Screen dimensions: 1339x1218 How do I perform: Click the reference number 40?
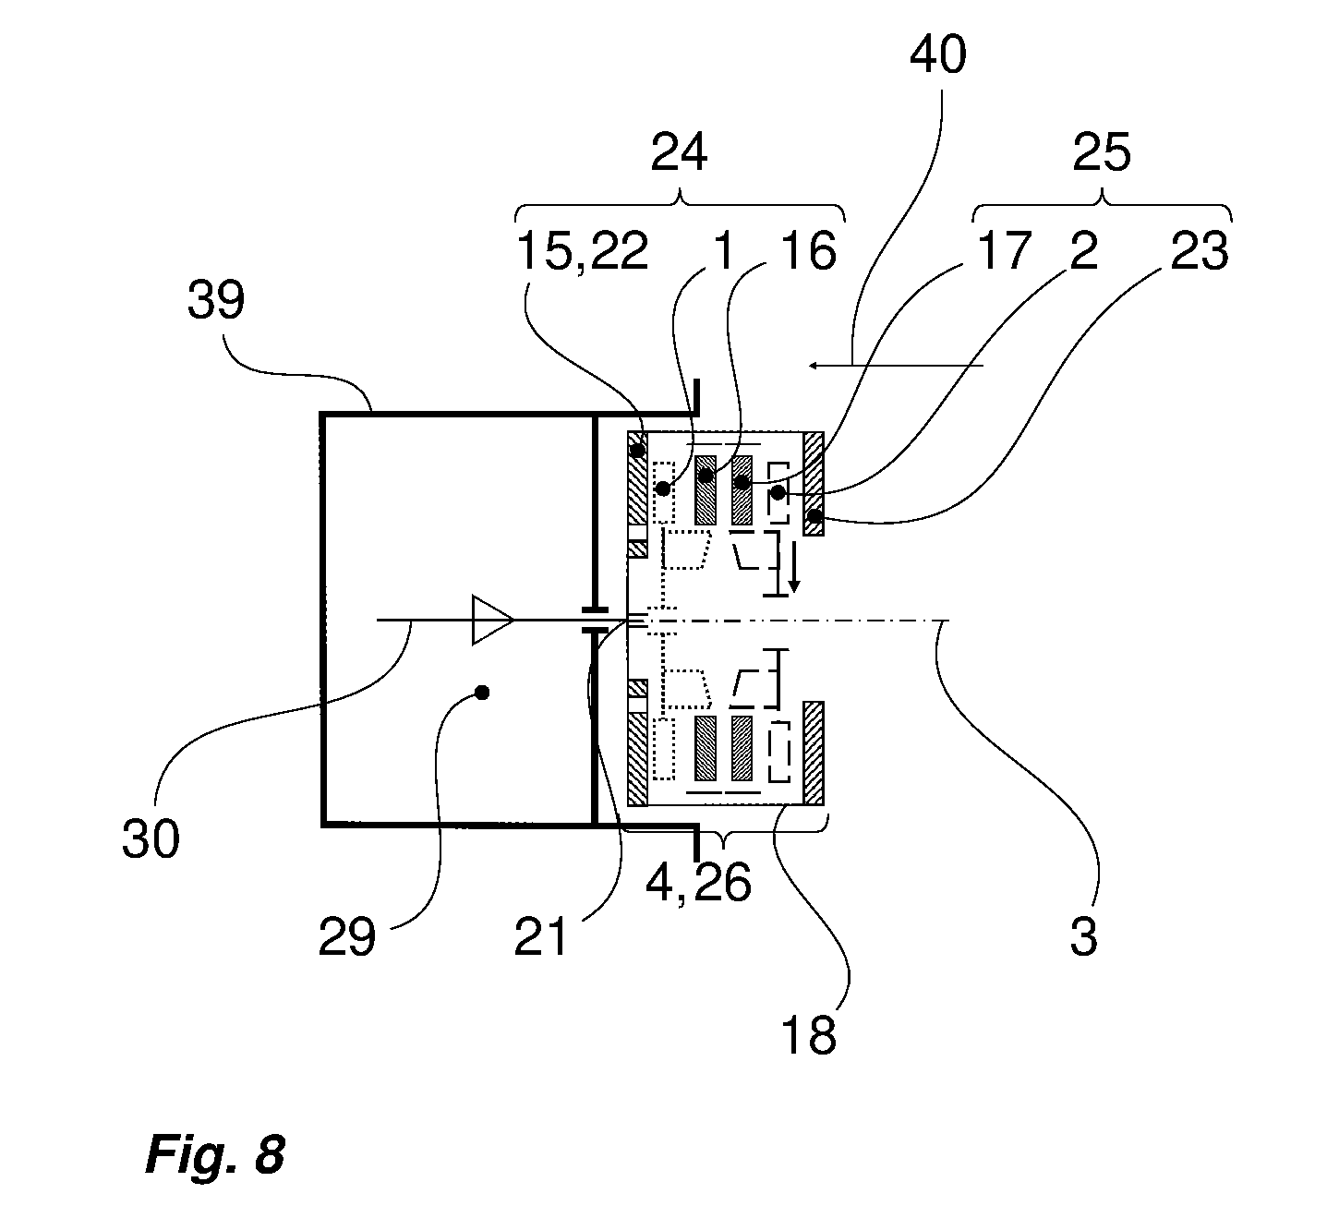938,54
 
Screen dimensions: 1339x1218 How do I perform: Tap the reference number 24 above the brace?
679,153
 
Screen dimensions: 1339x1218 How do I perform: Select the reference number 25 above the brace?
1102,153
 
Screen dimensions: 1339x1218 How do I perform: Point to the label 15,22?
583,252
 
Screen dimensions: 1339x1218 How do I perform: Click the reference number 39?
215,300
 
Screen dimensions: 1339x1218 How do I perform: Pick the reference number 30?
151,839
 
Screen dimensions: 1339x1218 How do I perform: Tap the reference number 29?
346,937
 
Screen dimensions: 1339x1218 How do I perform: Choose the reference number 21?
540,937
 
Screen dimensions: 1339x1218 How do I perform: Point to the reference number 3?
1084,937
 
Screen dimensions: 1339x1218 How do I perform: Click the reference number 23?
1200,252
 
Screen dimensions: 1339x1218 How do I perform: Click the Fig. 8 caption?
215,1153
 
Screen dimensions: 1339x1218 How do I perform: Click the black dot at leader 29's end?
483,693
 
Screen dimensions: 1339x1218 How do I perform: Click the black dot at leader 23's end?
814,515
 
